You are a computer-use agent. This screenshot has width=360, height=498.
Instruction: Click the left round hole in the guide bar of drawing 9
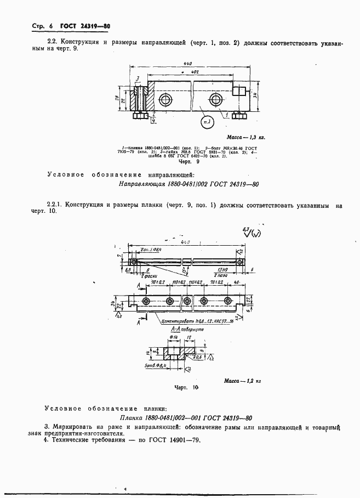pyautogui.click(x=164, y=99)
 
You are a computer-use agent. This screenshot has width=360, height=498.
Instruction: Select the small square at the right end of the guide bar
pyautogui.click(x=239, y=90)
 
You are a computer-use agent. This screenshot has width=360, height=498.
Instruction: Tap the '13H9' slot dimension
pyautogui.click(x=222, y=270)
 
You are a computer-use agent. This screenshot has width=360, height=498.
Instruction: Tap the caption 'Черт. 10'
pyautogui.click(x=186, y=387)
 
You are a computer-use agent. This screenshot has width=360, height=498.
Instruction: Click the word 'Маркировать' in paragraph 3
pyautogui.click(x=71, y=426)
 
